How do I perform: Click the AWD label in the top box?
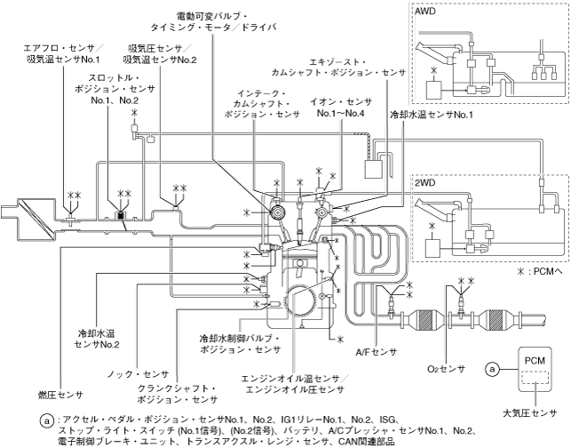pos(425,11)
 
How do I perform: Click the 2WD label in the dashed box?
pos(425,182)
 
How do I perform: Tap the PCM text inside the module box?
pos(535,361)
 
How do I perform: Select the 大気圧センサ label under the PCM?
pos(530,413)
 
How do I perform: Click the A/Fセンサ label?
pos(377,352)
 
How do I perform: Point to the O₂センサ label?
pos(447,369)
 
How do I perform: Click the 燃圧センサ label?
pos(60,395)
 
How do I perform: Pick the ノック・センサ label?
pos(138,374)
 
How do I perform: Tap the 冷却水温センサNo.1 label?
pos(432,115)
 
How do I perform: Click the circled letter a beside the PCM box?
pos(492,370)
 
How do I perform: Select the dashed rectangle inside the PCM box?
pos(535,377)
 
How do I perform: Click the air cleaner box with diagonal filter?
pos(36,219)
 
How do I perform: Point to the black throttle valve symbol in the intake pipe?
pos(121,215)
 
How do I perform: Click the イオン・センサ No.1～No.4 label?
pos(341,108)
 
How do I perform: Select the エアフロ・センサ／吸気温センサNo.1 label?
pos(64,53)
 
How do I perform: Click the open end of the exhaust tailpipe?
pos(544,320)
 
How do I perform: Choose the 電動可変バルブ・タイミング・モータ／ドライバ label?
pos(213,21)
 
